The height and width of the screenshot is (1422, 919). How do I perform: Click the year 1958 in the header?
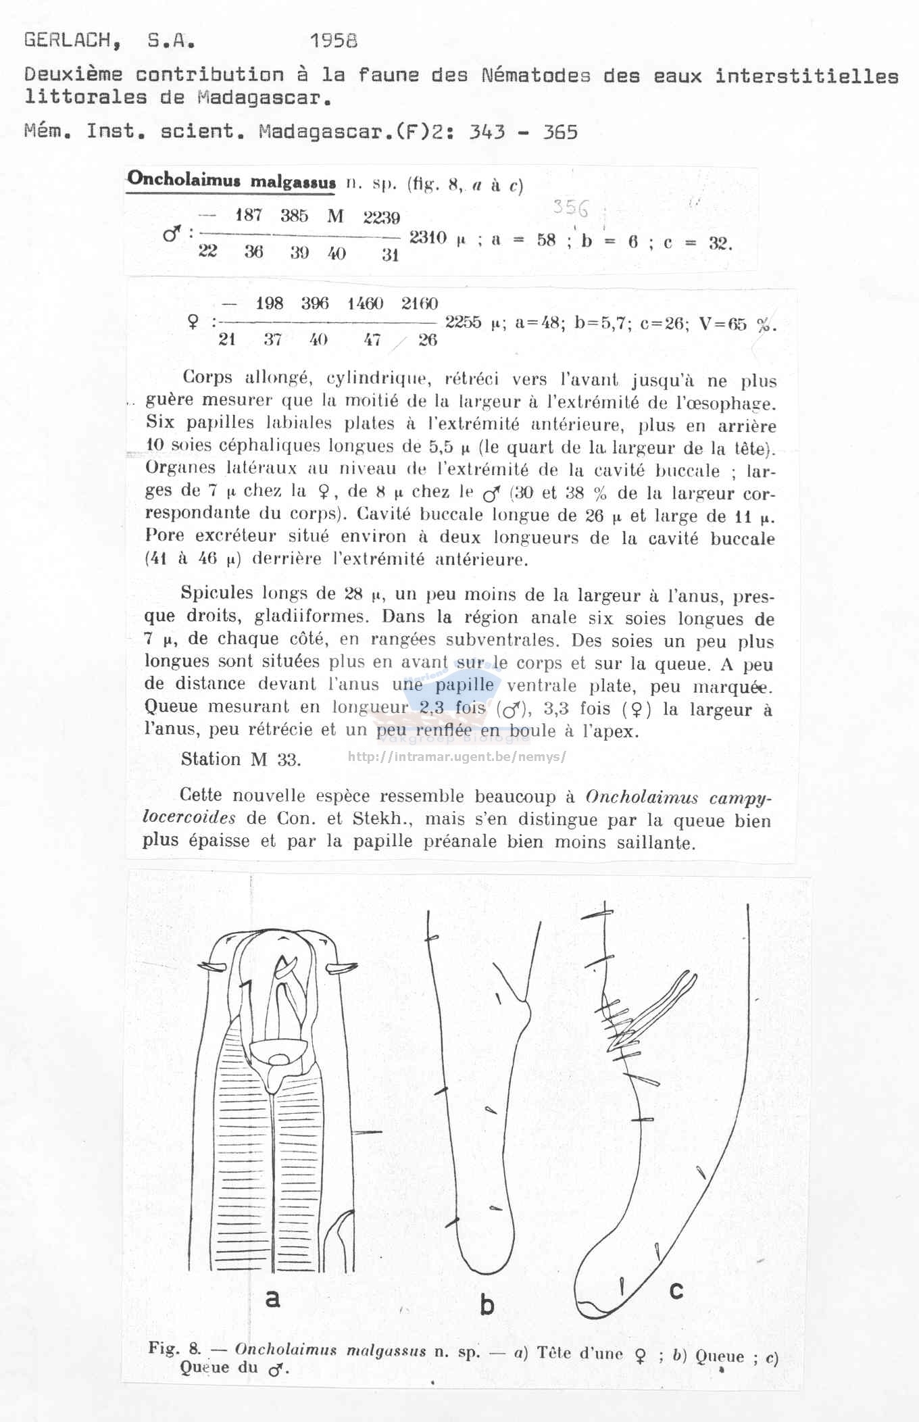[x=333, y=41]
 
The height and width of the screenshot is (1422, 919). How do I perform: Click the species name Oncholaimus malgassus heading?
[x=231, y=181]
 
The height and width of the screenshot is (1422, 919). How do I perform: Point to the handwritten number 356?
[x=570, y=207]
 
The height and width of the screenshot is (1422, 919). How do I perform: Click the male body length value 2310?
[x=428, y=238]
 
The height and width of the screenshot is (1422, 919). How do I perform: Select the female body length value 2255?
[x=463, y=322]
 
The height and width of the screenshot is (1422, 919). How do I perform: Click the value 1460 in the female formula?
[x=365, y=303]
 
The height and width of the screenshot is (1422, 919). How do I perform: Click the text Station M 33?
[x=241, y=759]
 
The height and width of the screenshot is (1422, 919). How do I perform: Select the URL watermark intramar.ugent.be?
[x=457, y=757]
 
